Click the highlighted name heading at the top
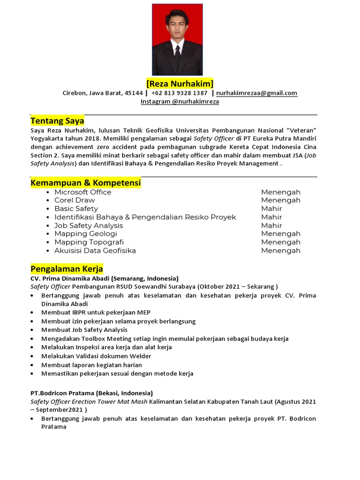[180, 84]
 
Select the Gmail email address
[256, 93]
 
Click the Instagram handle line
[180, 101]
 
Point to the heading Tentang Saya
[57, 121]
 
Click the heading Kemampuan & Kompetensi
[86, 182]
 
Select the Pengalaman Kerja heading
[67, 269]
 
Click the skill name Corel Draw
[75, 200]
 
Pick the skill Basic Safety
[76, 209]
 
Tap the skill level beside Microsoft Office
[281, 192]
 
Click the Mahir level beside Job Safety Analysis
[271, 225]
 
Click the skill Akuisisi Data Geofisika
[95, 251]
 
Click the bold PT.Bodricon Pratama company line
[91, 393]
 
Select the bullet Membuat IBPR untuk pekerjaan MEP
[96, 312]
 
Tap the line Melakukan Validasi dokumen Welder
[97, 356]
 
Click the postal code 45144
[134, 93]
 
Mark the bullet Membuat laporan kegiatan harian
[91, 365]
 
